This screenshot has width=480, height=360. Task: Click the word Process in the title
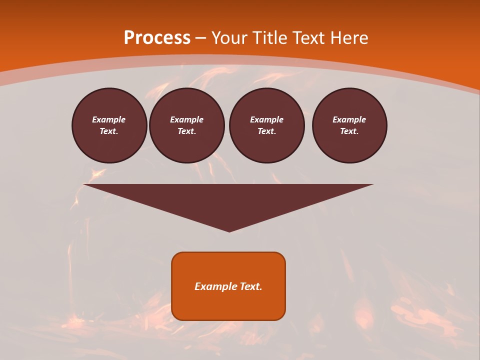[x=157, y=37]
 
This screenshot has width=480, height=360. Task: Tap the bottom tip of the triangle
[x=229, y=230]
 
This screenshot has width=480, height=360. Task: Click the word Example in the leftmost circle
[x=109, y=119]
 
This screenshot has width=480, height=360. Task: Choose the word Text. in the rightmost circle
[x=349, y=131]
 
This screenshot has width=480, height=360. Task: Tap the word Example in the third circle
[x=266, y=119]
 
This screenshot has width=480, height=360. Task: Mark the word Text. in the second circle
[x=186, y=131]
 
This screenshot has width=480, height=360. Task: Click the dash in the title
[x=200, y=38]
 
